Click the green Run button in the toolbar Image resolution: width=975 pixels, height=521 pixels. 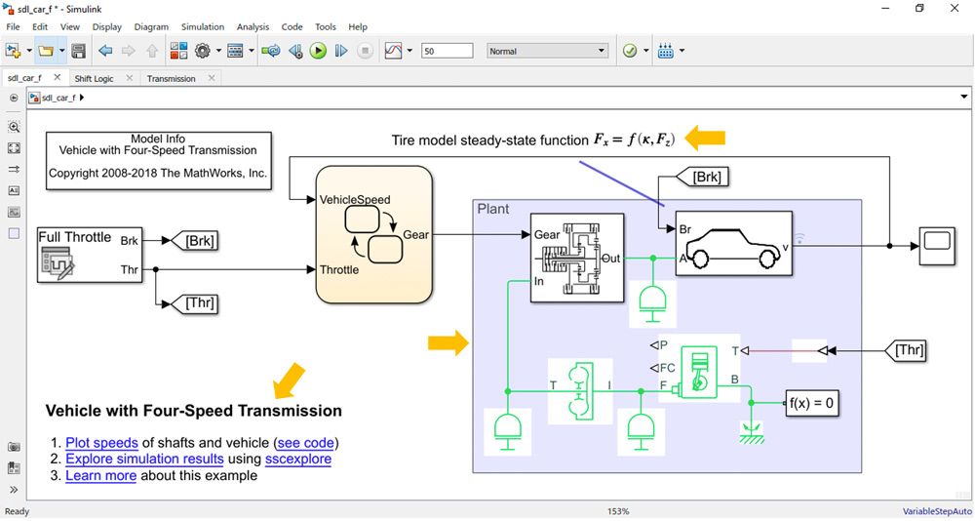[318, 51]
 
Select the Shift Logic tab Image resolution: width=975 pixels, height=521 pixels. [94, 78]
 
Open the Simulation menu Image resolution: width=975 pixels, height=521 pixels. [203, 27]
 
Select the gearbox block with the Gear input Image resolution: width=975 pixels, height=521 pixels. [577, 258]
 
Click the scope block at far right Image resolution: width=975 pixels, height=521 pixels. [938, 246]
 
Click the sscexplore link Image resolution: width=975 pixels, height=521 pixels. [298, 459]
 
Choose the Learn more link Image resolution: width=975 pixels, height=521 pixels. [100, 475]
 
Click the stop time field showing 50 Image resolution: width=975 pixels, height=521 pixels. [447, 51]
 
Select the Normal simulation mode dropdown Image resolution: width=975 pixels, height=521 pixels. [547, 51]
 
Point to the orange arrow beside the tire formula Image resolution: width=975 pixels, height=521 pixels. [705, 139]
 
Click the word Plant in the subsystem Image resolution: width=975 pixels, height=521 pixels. [493, 209]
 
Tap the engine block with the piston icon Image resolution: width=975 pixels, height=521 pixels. [699, 372]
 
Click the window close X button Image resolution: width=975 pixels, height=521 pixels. [953, 9]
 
